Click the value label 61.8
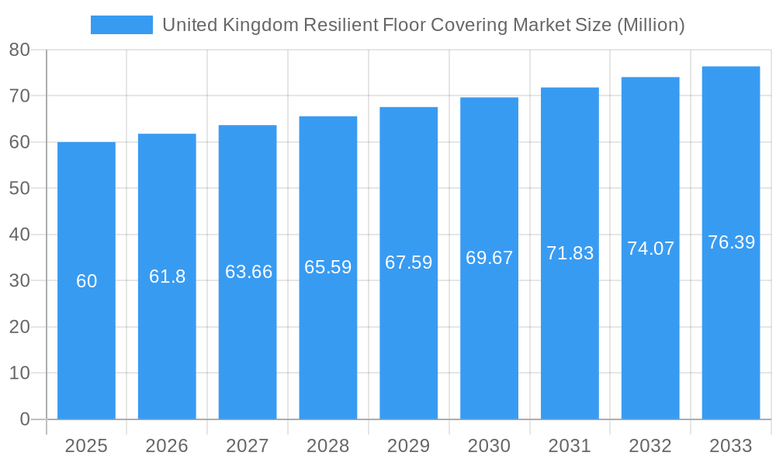(167, 276)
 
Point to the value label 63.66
(248, 272)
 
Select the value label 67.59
(408, 263)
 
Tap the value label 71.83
(570, 253)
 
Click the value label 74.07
(650, 249)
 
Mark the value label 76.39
(731, 242)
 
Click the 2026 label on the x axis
(167, 446)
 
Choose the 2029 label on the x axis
(408, 446)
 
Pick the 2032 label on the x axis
(650, 446)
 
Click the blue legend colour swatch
(122, 25)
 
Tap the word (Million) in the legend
(650, 25)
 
